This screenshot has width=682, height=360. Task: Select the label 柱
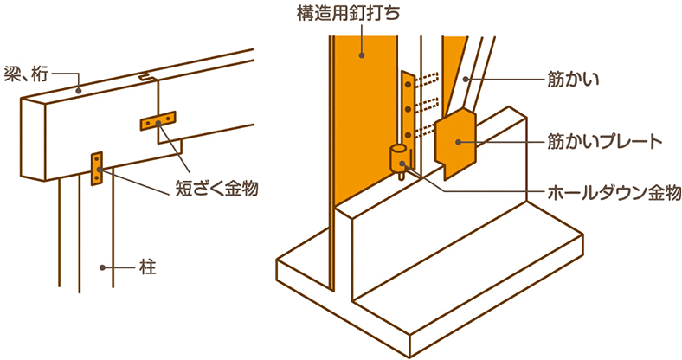click(148, 267)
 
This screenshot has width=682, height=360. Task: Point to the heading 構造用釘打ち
click(348, 14)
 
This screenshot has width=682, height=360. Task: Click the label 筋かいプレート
click(605, 143)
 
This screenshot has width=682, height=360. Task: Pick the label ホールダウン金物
click(614, 191)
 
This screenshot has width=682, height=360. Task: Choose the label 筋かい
click(573, 80)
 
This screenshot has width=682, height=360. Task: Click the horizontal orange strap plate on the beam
click(158, 120)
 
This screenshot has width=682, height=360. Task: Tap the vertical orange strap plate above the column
click(96, 169)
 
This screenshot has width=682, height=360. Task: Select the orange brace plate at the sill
click(456, 144)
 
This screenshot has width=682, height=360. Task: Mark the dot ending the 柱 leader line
click(103, 267)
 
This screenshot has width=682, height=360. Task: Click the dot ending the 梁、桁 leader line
click(78, 91)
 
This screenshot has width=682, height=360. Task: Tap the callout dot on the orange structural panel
click(362, 55)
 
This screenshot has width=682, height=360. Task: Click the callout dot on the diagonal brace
click(466, 80)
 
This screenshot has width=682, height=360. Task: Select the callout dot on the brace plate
click(459, 142)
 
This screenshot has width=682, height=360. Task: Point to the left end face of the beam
click(33, 139)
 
